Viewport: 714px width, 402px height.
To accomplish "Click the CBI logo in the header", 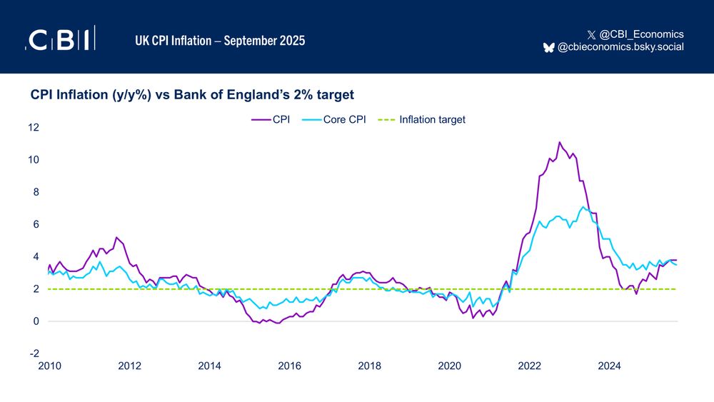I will (61, 39).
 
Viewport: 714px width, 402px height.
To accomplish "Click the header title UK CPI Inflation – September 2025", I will (220, 40).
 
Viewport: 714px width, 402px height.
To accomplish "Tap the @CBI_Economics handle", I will (641, 34).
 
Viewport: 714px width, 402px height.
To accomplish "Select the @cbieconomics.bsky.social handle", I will (620, 47).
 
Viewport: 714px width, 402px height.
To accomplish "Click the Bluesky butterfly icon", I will (548, 47).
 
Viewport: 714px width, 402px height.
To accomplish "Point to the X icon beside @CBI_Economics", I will (590, 34).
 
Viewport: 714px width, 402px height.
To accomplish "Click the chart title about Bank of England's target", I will (192, 94).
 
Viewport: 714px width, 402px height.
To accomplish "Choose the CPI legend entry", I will (271, 120).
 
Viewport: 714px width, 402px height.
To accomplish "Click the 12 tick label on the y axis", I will (34, 127).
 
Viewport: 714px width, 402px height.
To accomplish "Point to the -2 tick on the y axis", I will (34, 354).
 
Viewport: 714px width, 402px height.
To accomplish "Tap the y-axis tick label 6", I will (36, 224).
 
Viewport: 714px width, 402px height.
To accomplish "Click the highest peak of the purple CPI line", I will (559, 142).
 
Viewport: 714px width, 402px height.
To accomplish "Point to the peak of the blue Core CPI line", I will (583, 207).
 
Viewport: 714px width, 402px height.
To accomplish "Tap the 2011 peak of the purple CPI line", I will (116, 237).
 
